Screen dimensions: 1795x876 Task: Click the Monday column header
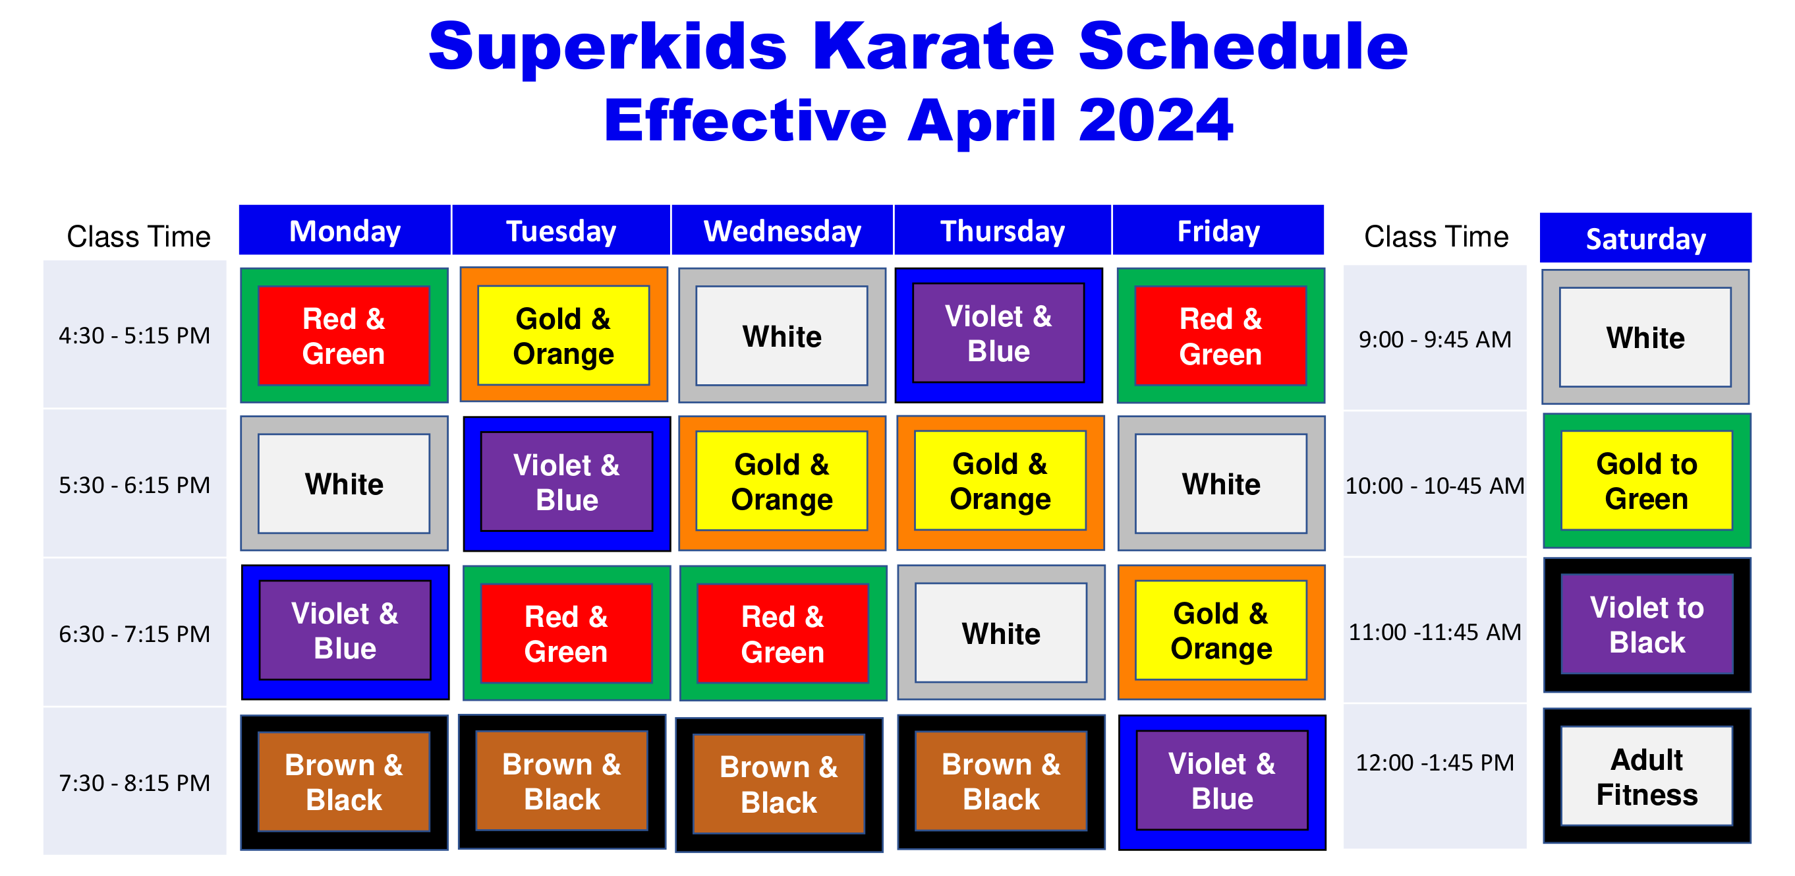click(x=345, y=231)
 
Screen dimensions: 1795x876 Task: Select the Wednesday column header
click(x=782, y=231)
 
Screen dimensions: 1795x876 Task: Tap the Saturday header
click(x=1645, y=239)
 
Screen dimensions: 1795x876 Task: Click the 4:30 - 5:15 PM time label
click(x=134, y=336)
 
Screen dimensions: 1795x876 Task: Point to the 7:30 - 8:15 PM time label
click(x=134, y=783)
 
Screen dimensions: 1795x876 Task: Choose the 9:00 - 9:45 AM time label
click(x=1435, y=339)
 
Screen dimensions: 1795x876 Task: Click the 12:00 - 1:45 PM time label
click(x=1435, y=763)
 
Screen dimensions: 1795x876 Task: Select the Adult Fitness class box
click(x=1647, y=776)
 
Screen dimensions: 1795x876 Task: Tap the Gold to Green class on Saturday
click(x=1647, y=481)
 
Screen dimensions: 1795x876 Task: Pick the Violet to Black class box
click(x=1647, y=625)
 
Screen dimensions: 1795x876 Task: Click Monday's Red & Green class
click(x=344, y=336)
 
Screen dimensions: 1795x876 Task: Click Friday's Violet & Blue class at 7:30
click(x=1222, y=782)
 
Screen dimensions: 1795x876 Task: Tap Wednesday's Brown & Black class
click(x=779, y=784)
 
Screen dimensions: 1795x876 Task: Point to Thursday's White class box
click(x=1001, y=633)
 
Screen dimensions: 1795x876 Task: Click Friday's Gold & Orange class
click(x=1221, y=632)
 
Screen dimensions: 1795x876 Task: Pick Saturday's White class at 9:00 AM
click(x=1645, y=337)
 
